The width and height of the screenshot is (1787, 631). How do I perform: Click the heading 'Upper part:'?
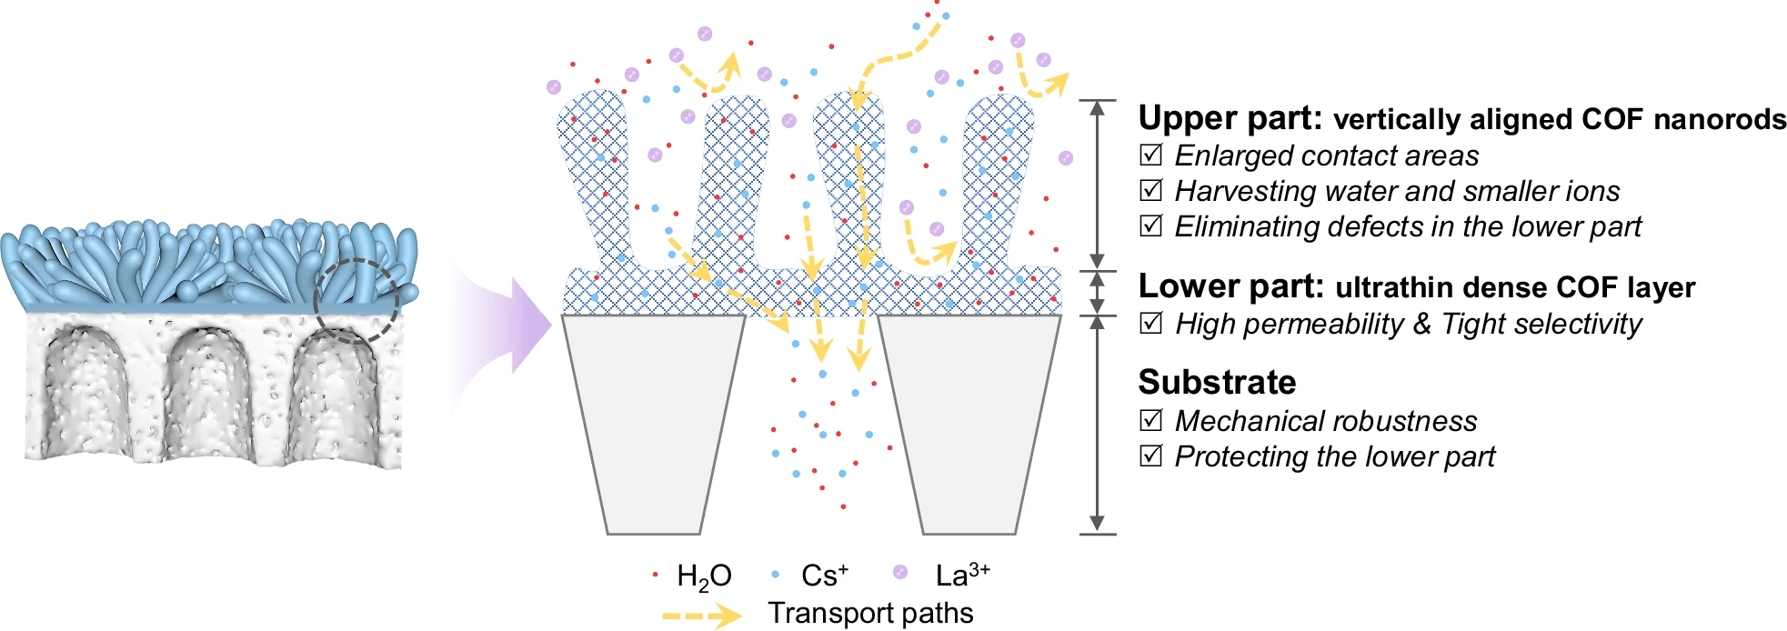[1230, 118]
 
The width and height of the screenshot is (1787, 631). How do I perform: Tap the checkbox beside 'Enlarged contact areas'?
[1151, 155]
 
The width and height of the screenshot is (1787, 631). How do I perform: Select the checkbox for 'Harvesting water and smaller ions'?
[1151, 190]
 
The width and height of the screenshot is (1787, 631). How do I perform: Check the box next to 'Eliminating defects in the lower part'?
[1151, 225]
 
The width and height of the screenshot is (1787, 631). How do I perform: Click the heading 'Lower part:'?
[1230, 286]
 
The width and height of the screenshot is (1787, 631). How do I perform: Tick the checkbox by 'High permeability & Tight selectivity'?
[1151, 323]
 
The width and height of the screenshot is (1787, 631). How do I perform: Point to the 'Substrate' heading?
[1217, 382]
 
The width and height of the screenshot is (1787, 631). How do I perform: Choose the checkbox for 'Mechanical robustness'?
[1151, 420]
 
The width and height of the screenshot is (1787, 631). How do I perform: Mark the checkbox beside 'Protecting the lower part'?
[1151, 456]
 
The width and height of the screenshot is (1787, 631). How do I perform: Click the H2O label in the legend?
[704, 576]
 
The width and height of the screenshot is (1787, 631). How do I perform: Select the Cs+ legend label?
[824, 576]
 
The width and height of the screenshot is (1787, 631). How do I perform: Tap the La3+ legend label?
[962, 575]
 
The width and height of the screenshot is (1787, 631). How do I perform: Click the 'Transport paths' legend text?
[870, 614]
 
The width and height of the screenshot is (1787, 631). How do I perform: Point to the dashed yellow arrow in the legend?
[701, 616]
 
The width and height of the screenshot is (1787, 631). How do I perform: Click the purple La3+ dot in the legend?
[900, 572]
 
